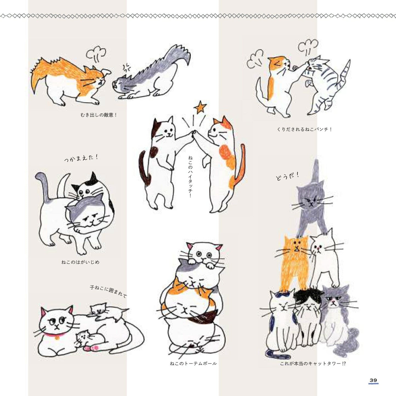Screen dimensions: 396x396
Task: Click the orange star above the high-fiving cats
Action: [x=200, y=107]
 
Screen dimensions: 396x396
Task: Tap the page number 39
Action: [x=373, y=375]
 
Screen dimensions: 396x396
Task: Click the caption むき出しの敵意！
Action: [x=99, y=115]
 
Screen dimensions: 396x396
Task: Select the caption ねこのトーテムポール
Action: [x=193, y=364]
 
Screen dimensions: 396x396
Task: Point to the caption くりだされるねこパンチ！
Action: [x=304, y=129]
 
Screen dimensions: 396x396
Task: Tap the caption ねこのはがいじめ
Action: [x=80, y=262]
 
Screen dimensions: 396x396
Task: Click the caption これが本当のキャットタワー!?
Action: [x=313, y=364]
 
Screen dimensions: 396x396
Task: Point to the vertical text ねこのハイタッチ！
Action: [x=190, y=176]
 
